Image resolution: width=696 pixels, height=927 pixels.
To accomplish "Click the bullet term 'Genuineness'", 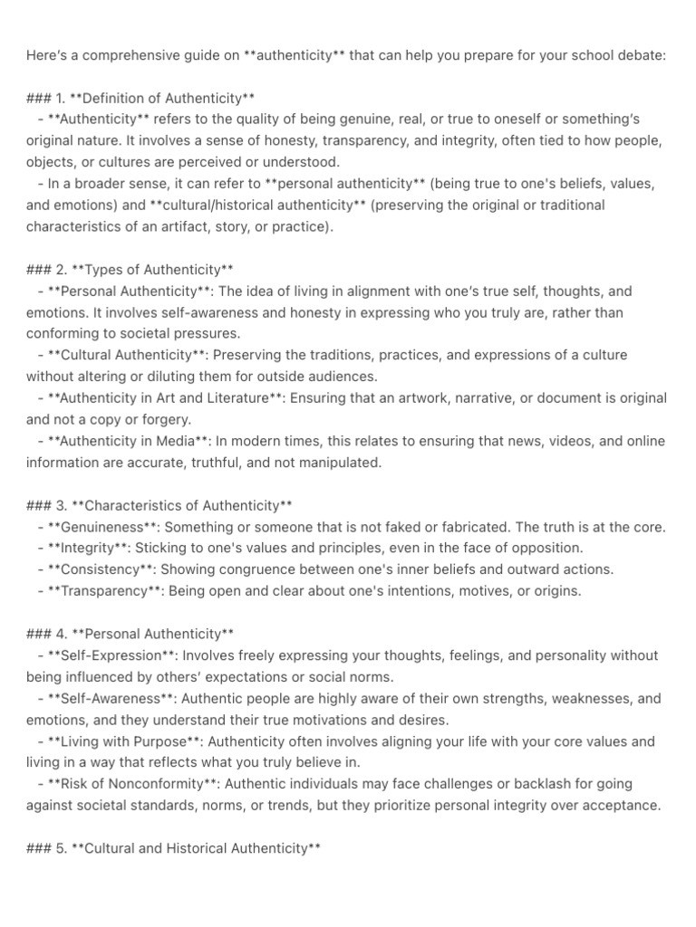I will (103, 527).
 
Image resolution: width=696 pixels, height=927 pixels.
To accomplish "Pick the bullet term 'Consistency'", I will (102, 569).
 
